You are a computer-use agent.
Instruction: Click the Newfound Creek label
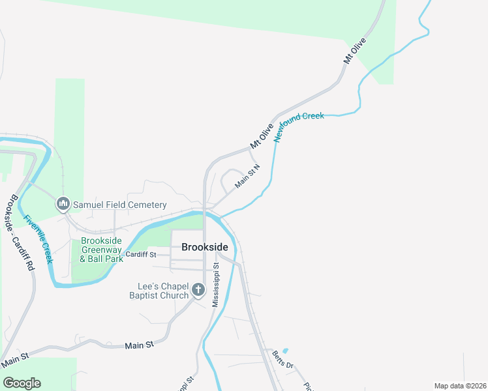(299, 126)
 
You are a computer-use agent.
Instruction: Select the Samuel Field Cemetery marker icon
(63, 205)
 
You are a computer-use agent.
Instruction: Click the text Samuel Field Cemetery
(119, 205)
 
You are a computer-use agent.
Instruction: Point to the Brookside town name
(205, 247)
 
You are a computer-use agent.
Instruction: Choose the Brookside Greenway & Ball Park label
(101, 250)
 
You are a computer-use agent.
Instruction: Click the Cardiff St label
(141, 255)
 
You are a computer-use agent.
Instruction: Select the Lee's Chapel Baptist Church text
(163, 291)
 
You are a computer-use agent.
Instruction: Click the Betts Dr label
(283, 358)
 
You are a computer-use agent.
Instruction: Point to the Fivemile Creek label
(38, 239)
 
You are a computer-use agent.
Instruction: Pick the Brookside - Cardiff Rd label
(19, 233)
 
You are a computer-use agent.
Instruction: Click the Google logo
(22, 383)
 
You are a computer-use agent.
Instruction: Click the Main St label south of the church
(138, 345)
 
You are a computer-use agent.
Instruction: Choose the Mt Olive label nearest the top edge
(355, 51)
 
